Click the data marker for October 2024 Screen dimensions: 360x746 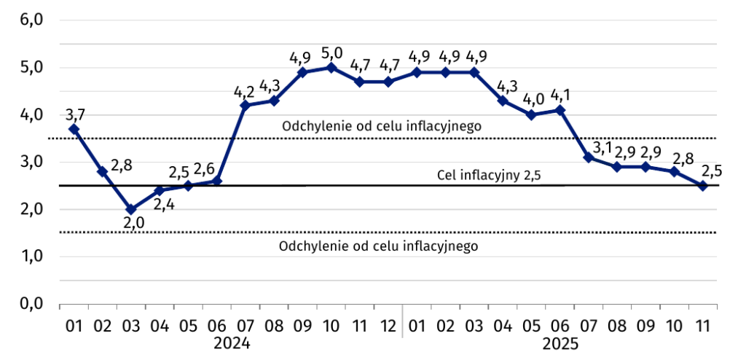click(x=331, y=68)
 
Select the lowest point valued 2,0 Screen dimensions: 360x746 click(x=131, y=209)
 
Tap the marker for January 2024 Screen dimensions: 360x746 click(x=74, y=129)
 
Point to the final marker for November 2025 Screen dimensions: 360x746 click(x=703, y=186)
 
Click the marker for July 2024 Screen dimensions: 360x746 click(x=245, y=106)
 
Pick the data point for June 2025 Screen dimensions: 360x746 click(x=559, y=110)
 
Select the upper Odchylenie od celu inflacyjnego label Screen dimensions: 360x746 click(x=381, y=126)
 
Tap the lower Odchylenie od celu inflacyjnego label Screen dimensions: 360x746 click(x=378, y=246)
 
